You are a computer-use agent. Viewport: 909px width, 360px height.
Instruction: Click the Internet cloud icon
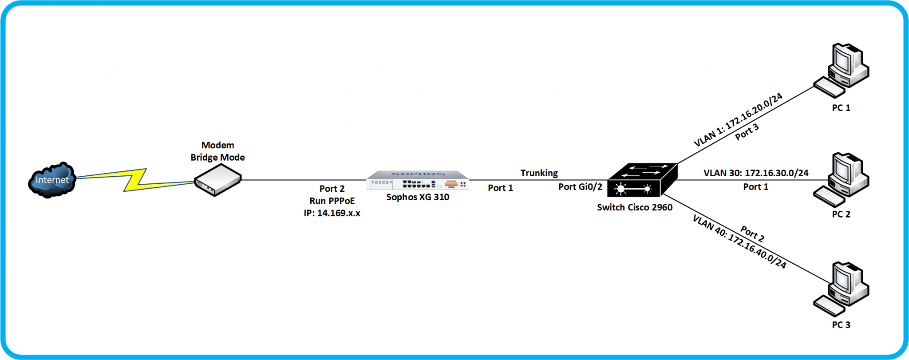click(x=51, y=180)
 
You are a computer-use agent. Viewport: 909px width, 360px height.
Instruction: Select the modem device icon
click(x=217, y=180)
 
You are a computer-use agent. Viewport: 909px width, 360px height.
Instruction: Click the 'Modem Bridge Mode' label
click(x=217, y=151)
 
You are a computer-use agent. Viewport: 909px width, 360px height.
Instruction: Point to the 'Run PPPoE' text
click(x=332, y=201)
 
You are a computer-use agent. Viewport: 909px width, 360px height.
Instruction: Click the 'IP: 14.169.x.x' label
click(x=332, y=213)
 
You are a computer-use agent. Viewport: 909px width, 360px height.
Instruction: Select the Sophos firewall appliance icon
click(x=417, y=180)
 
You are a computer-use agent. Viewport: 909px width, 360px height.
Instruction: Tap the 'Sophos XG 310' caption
click(x=417, y=197)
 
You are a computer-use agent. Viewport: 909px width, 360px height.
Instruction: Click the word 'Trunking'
click(x=539, y=173)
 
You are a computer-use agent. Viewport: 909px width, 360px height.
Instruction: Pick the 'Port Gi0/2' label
click(x=580, y=187)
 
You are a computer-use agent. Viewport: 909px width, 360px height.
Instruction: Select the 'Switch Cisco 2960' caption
click(x=634, y=207)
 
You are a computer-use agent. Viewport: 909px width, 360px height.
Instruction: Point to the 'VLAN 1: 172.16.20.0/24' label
click(x=738, y=120)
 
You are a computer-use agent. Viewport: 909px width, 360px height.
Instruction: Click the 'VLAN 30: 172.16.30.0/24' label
click(x=755, y=173)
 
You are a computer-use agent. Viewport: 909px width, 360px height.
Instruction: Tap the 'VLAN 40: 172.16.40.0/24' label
click(x=739, y=242)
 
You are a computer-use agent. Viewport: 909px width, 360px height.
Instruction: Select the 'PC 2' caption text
click(x=841, y=214)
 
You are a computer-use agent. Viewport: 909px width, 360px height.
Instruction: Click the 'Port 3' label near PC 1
click(x=747, y=132)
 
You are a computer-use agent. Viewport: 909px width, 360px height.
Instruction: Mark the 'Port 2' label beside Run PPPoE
click(x=332, y=189)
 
